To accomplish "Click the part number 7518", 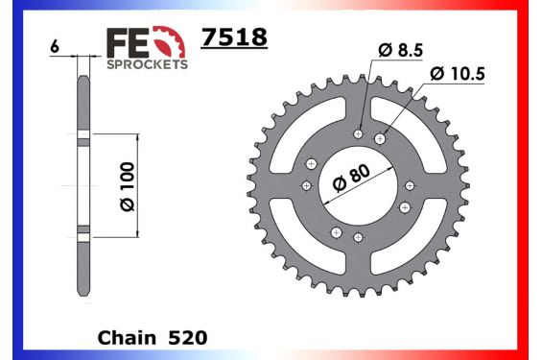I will coord(232,36).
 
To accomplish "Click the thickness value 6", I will coord(56,45).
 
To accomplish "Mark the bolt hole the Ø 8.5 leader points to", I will coord(359,133).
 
